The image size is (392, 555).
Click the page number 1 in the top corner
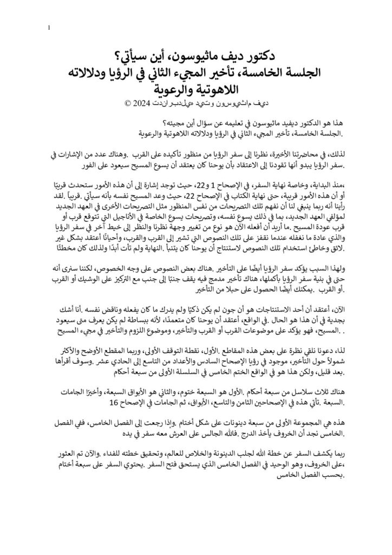(49, 28)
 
